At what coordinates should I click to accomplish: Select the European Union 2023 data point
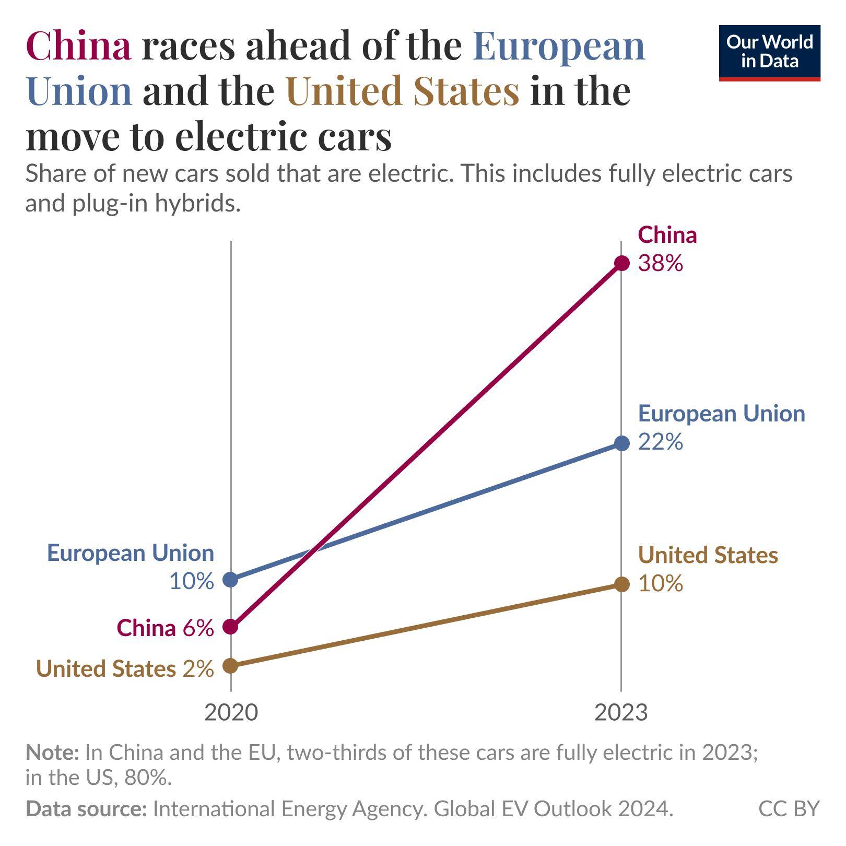(621, 443)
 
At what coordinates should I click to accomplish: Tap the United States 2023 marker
(621, 584)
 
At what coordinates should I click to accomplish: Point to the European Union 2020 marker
(230, 579)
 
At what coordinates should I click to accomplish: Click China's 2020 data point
(230, 626)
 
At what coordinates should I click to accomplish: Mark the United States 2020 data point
(230, 666)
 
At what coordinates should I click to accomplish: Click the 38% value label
(660, 264)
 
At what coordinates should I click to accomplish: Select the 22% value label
(660, 442)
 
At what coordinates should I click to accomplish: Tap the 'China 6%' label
(165, 628)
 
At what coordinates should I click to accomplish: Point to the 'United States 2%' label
(125, 668)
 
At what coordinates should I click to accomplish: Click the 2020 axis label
(231, 712)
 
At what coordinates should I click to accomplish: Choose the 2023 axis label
(621, 712)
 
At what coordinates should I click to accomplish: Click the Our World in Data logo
(769, 53)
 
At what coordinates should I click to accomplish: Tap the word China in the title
(78, 46)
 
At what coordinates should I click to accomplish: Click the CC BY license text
(789, 809)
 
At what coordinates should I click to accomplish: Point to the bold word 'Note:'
(52, 753)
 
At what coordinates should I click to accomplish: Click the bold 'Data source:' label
(86, 809)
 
